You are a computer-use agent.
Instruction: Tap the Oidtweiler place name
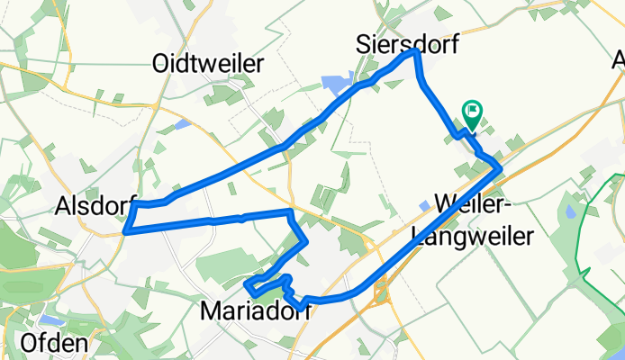point(208,64)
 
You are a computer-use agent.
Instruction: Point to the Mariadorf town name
point(255,311)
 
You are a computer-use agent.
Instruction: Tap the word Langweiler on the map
point(472,236)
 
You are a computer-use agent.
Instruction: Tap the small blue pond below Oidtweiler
point(183,124)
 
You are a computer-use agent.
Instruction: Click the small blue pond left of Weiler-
point(424,206)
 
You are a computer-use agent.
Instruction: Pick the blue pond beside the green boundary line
point(570,213)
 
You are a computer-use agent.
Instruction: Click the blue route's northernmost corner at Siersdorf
point(416,52)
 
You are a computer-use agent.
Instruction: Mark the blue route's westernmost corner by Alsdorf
point(124,231)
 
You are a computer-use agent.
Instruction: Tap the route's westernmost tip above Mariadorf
point(246,285)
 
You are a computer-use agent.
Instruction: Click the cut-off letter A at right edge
point(619,62)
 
